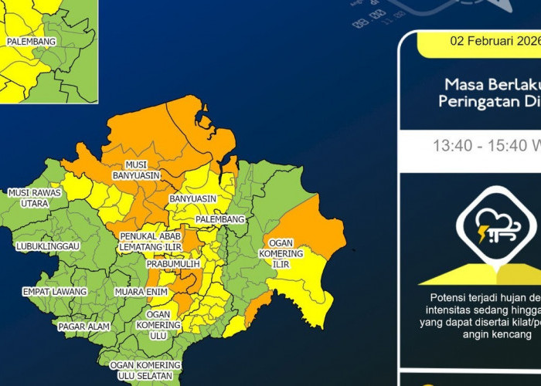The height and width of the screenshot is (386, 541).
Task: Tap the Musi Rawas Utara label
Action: [28, 198]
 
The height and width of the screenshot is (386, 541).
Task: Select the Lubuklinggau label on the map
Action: [47, 245]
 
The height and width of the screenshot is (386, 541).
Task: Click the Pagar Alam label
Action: [84, 327]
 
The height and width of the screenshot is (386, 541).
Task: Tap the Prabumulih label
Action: [173, 264]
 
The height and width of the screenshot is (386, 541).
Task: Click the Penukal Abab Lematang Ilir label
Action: [150, 241]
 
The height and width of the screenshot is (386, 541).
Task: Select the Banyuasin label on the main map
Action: [193, 198]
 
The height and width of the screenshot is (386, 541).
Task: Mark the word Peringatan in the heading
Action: [472, 101]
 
